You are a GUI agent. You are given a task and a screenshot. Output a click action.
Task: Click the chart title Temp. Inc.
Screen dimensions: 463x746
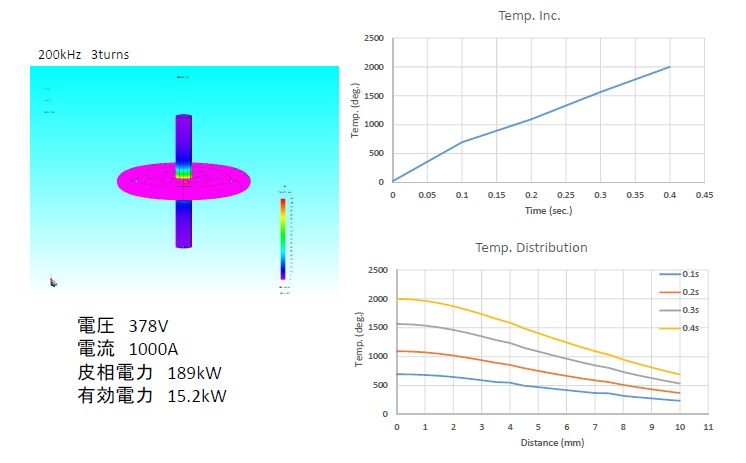click(x=529, y=17)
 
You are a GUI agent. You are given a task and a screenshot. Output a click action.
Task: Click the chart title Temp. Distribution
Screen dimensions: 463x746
click(x=529, y=247)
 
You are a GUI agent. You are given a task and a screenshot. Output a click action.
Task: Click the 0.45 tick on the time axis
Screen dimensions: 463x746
click(x=704, y=195)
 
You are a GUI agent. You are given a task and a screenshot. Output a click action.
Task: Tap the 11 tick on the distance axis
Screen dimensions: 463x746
click(x=707, y=427)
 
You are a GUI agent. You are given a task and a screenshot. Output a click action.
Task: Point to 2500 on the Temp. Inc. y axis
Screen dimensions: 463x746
click(x=374, y=39)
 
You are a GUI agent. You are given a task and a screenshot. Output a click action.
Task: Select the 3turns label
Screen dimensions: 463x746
click(x=110, y=54)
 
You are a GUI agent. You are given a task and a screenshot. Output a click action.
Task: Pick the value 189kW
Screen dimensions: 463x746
click(x=194, y=373)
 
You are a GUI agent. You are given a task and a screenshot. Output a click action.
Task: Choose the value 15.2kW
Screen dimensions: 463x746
click(x=198, y=396)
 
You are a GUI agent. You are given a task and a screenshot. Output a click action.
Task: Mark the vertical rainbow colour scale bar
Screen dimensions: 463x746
click(x=284, y=238)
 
